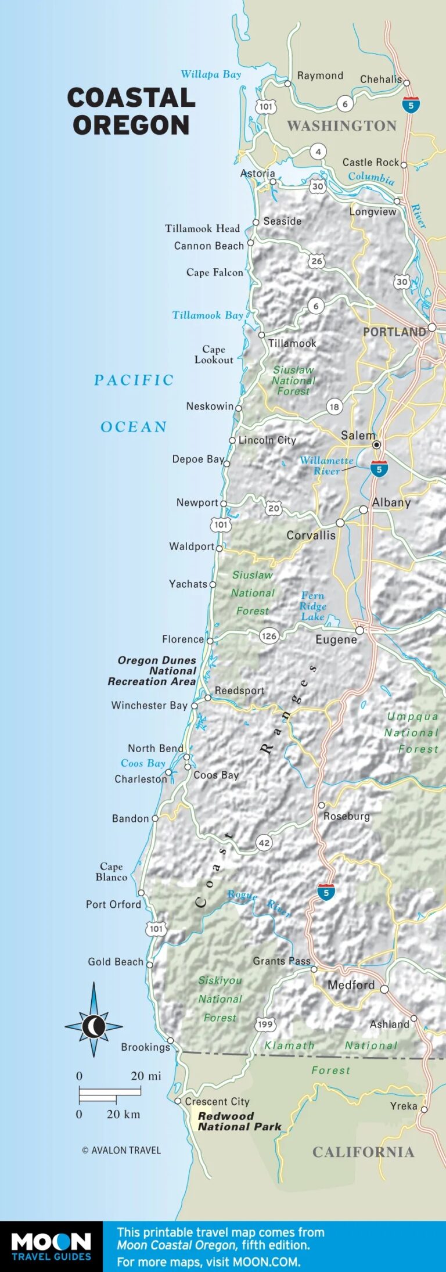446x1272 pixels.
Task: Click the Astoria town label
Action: [x=257, y=173]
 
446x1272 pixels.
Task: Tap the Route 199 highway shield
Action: [x=265, y=1024]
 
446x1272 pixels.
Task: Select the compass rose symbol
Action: [x=93, y=1026]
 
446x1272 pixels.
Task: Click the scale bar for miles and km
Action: [x=110, y=1095]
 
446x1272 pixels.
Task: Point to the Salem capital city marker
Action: [x=376, y=445]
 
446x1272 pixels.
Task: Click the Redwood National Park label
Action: [x=239, y=1121]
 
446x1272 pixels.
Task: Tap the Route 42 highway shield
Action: [x=264, y=843]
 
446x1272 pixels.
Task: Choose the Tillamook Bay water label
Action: [x=207, y=315]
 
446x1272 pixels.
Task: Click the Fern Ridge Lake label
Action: [x=312, y=606]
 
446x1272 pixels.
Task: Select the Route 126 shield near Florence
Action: [x=269, y=636]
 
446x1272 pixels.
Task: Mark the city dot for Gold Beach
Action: [x=149, y=964]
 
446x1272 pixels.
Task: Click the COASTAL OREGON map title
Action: [x=131, y=111]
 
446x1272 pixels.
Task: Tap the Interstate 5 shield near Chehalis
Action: [x=411, y=105]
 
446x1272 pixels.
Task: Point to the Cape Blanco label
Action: [x=111, y=872]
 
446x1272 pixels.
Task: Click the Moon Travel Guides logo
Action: [x=51, y=1246]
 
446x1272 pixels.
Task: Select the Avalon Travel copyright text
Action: [x=121, y=1150]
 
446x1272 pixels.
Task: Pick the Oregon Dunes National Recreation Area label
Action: [x=152, y=671]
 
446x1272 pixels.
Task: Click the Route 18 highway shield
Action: [x=334, y=407]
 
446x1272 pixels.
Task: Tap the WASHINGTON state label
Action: [x=341, y=126]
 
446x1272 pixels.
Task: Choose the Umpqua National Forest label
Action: [x=412, y=732]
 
